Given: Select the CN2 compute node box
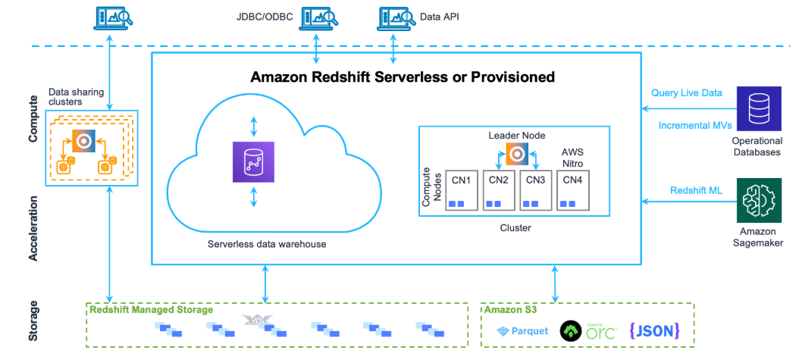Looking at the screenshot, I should click(x=498, y=189).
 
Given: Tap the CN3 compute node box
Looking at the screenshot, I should click(x=536, y=189).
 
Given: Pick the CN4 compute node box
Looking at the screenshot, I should click(x=573, y=189).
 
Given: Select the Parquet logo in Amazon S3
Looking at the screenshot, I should click(x=523, y=331).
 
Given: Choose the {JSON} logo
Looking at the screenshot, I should click(x=654, y=330).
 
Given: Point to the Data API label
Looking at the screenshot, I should click(x=440, y=16).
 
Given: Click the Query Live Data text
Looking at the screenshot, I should click(x=687, y=93).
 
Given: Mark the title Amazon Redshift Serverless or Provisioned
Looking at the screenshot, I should click(x=403, y=77).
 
